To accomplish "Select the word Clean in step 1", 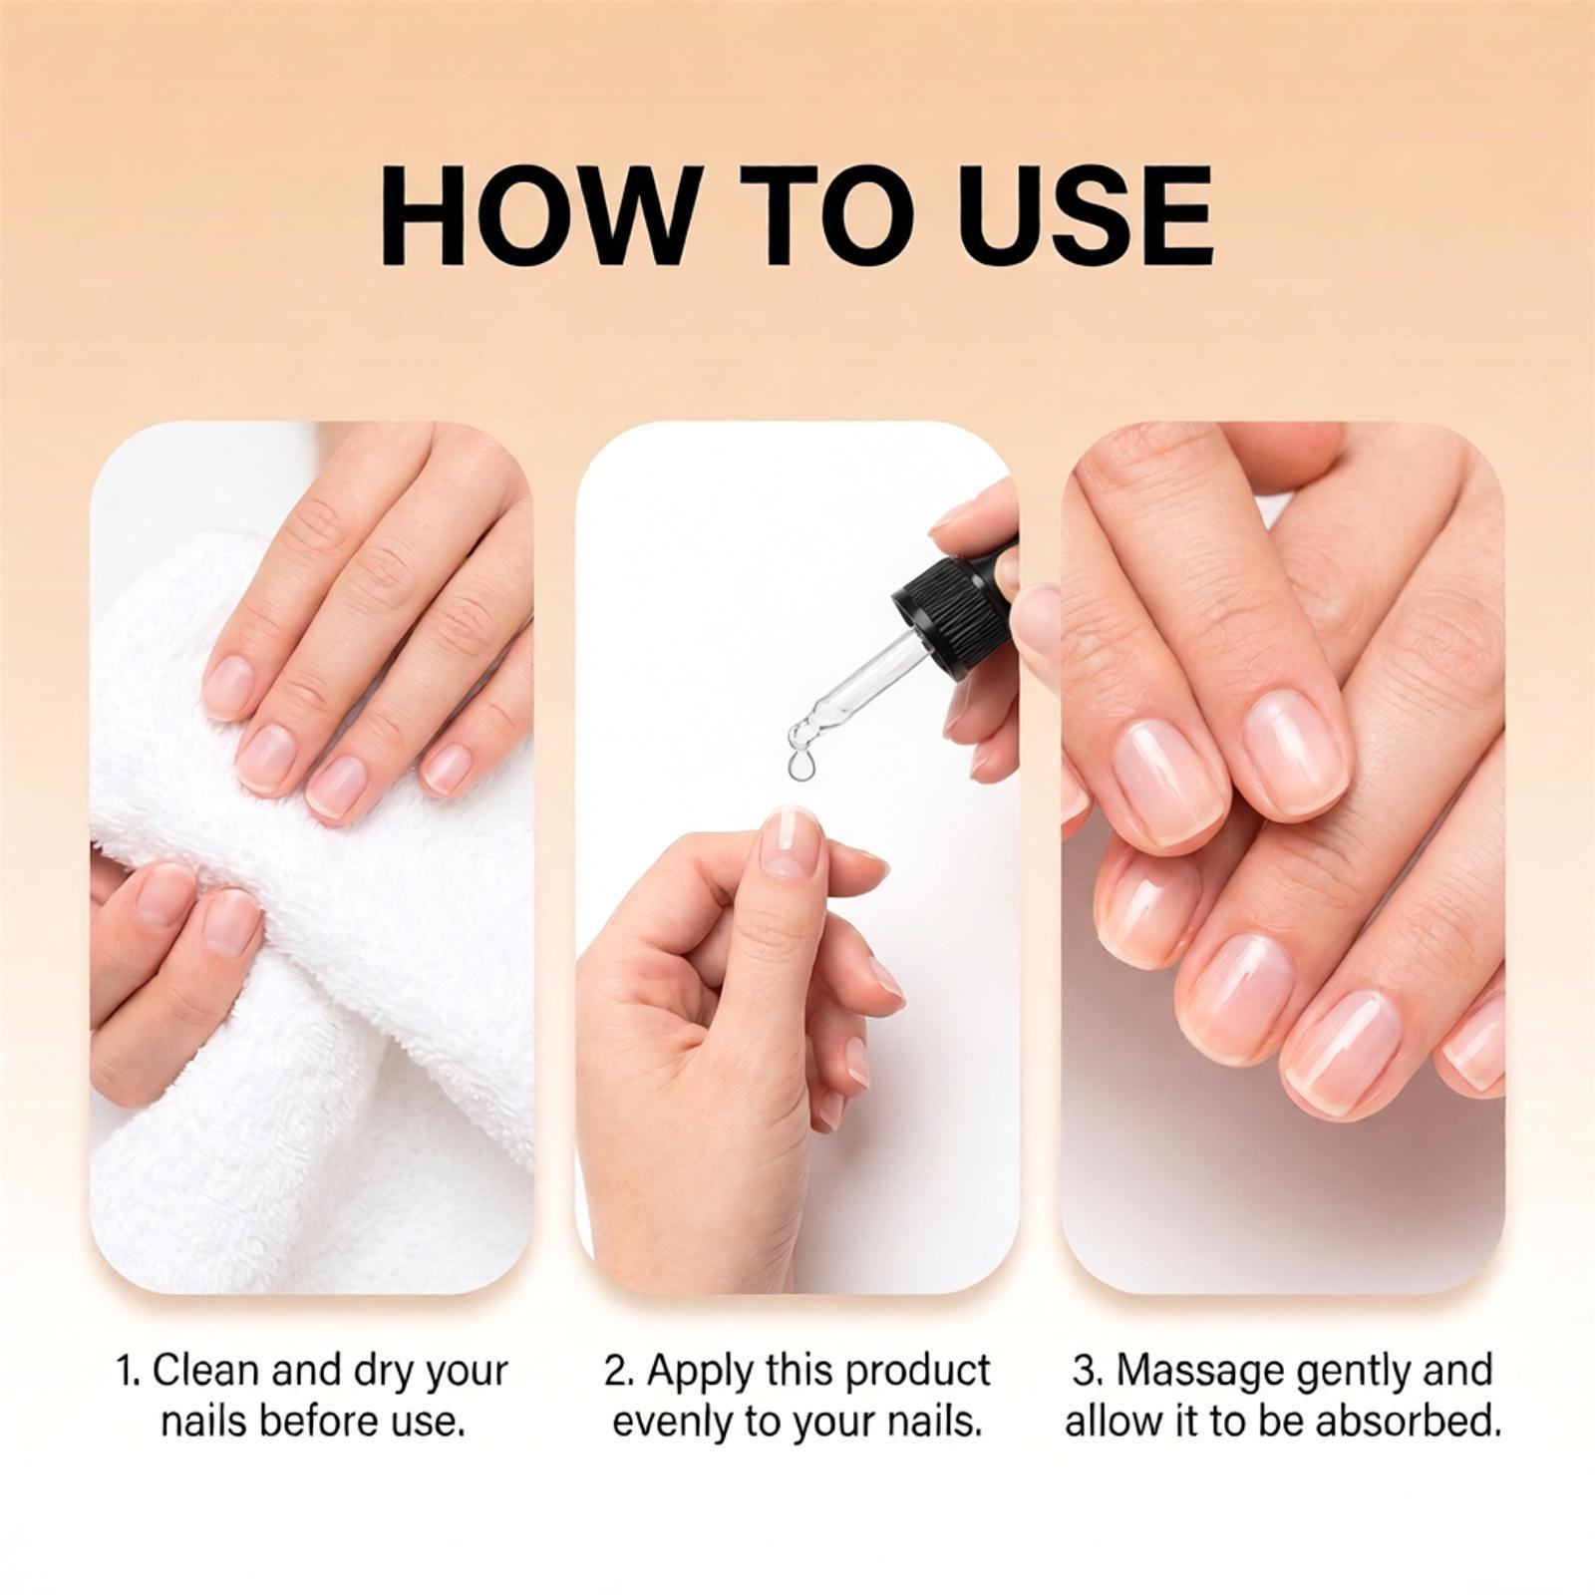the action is [206, 1370].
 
